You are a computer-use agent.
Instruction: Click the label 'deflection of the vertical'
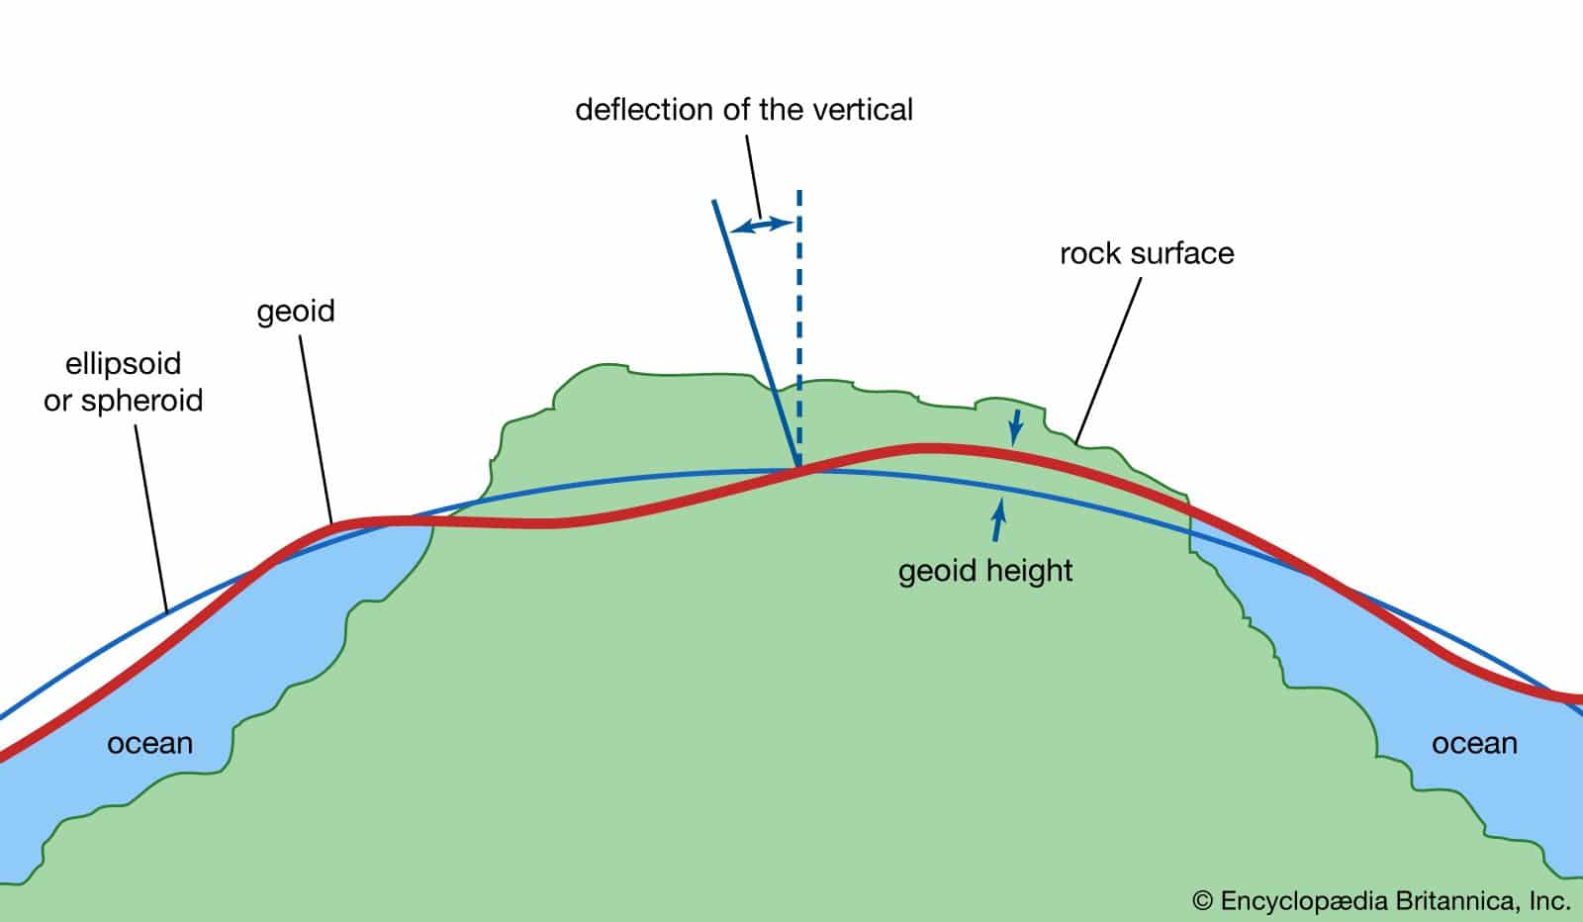(744, 109)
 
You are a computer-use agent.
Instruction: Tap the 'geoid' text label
(296, 312)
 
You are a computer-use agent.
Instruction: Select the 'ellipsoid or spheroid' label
(124, 382)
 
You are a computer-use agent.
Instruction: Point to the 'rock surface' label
(1147, 253)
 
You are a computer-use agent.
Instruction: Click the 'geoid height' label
(985, 571)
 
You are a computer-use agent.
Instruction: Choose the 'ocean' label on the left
(149, 743)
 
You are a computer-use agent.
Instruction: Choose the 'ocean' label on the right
(1474, 743)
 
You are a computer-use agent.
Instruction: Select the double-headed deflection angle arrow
(762, 227)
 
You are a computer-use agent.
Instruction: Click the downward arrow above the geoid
(1014, 427)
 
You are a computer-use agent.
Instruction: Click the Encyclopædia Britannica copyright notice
(1382, 900)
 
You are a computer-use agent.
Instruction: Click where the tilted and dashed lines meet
(798, 467)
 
